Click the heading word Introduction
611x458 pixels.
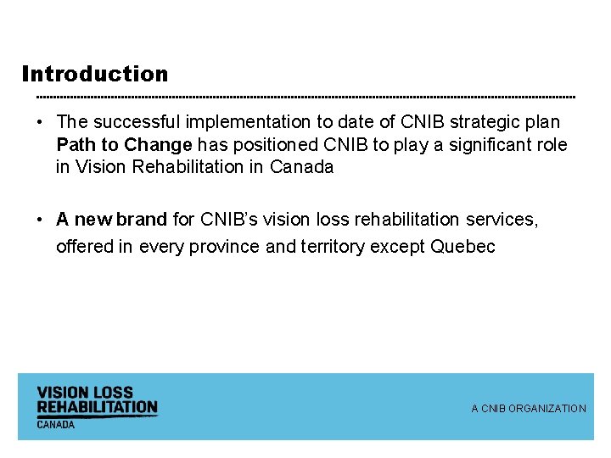coord(95,74)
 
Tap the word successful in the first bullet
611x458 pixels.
coord(128,123)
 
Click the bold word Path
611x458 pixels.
coord(76,145)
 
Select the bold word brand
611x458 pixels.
coord(142,220)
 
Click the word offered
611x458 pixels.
coord(83,247)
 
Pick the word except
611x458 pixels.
coord(401,247)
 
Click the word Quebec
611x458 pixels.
coord(463,247)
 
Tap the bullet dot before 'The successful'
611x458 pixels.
coord(39,123)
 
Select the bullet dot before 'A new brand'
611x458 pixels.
coord(39,220)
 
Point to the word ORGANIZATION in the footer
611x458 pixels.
coord(547,409)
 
